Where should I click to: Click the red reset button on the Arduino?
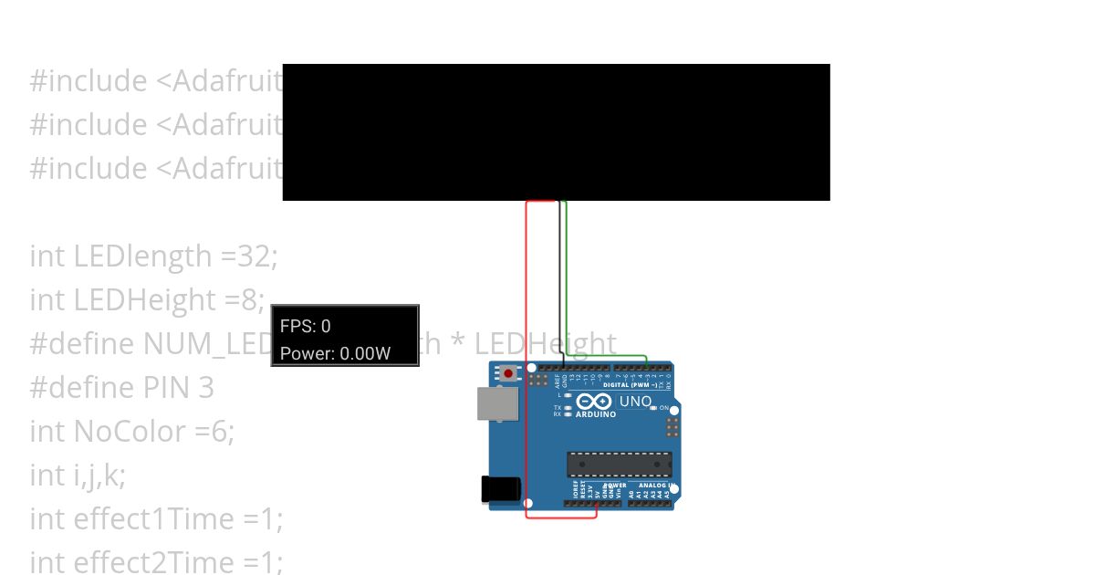507,373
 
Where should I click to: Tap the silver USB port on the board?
497,403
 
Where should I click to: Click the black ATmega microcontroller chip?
619,464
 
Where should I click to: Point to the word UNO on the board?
635,402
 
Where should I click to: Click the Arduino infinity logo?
594,402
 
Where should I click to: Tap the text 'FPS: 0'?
306,326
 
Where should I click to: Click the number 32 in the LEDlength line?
255,256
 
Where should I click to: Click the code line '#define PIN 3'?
121,388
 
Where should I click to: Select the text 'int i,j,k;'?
78,476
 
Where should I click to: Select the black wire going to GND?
559,274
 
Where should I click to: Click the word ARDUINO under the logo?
595,414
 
